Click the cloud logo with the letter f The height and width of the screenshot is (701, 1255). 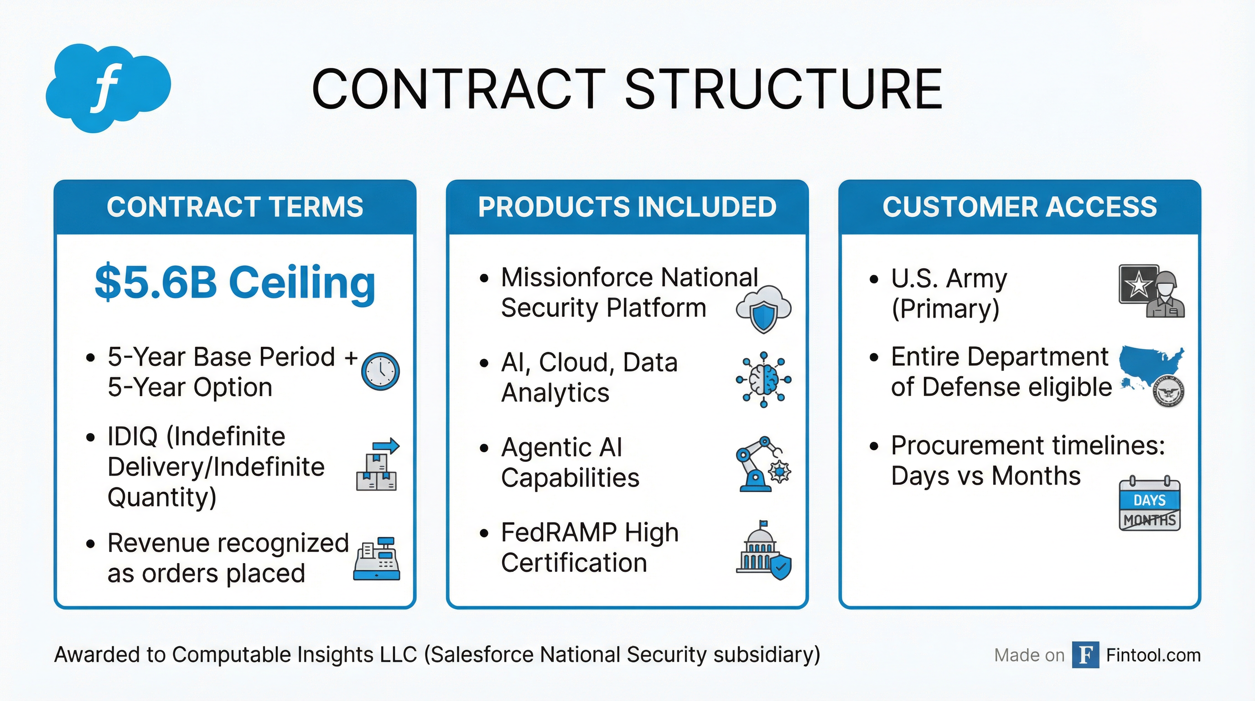108,88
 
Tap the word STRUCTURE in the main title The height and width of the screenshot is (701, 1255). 783,89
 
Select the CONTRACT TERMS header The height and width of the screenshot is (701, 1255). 235,207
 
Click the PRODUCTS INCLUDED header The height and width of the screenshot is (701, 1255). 627,207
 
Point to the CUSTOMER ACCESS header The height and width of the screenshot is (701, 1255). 1020,207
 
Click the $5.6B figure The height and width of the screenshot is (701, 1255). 156,283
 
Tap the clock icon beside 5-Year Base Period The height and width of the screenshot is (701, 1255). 380,371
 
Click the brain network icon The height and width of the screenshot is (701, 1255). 763,379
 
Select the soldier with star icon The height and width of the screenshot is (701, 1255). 1151,291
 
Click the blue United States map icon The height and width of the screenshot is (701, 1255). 1150,364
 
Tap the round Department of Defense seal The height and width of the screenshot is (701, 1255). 1168,391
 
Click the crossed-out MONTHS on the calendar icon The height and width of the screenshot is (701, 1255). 1149,520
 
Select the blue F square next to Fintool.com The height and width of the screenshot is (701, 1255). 1085,655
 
